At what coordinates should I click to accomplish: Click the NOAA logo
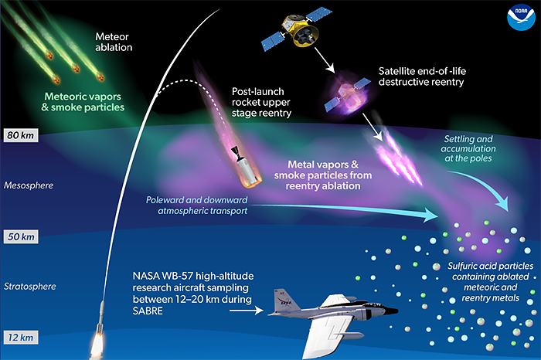click(521, 17)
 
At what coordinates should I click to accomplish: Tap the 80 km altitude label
click(21, 135)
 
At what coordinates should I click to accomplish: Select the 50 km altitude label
click(21, 237)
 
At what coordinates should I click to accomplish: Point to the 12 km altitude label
click(21, 338)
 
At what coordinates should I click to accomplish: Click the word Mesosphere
click(29, 185)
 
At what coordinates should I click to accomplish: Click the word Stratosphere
click(30, 287)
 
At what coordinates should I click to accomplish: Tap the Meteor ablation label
click(114, 42)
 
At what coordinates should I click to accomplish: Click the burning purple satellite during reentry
click(347, 95)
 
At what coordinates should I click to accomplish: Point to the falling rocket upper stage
click(246, 167)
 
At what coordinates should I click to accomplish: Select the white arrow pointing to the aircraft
click(247, 311)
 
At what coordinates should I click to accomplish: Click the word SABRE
click(148, 311)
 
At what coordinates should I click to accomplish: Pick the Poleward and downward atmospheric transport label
click(196, 205)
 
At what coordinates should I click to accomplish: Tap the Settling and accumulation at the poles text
click(468, 148)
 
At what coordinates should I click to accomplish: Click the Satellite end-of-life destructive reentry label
click(422, 76)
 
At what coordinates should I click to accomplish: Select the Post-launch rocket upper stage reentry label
click(261, 102)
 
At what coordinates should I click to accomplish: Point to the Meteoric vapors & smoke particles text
click(83, 102)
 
